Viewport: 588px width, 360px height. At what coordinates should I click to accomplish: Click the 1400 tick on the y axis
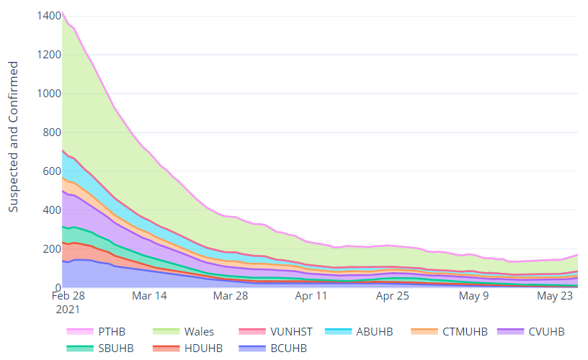(44, 15)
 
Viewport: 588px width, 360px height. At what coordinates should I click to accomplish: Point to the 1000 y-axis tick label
(44, 94)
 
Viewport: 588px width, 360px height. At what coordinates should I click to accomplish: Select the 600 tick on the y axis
(48, 171)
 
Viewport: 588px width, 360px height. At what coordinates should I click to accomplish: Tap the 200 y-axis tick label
(48, 249)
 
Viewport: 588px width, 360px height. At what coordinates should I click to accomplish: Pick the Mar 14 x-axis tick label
(150, 296)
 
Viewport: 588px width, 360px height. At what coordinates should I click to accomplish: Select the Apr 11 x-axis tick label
(312, 296)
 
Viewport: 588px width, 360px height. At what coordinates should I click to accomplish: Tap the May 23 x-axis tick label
(555, 296)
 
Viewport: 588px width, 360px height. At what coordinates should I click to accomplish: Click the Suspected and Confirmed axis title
(14, 137)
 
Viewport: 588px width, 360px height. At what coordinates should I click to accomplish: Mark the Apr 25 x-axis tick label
(393, 296)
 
